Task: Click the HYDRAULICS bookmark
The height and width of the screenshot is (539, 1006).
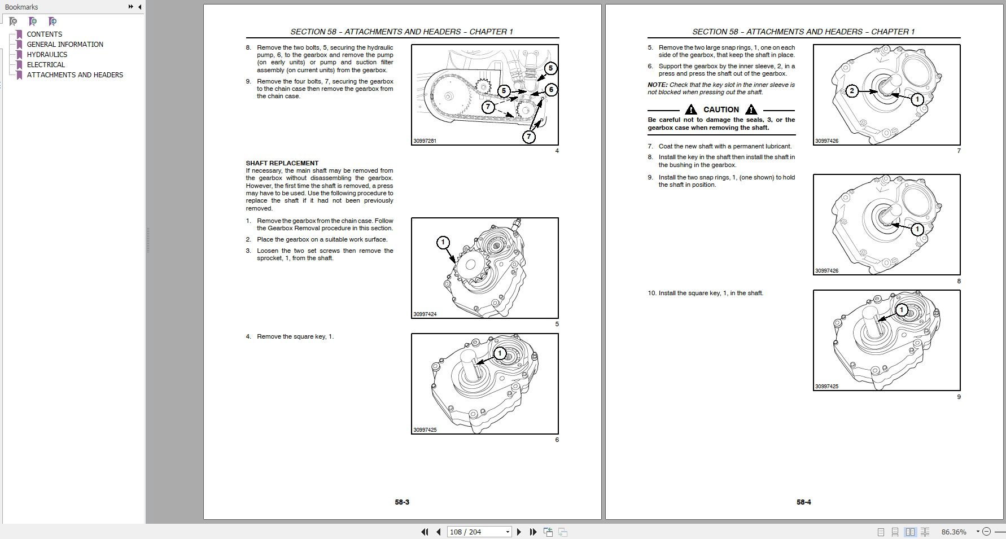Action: pyautogui.click(x=47, y=55)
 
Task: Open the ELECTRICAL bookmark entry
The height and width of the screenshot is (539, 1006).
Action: pyautogui.click(x=46, y=65)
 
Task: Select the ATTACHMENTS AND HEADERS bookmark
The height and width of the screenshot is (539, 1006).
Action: pyautogui.click(x=75, y=75)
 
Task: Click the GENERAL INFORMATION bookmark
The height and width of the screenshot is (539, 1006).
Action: pyautogui.click(x=65, y=45)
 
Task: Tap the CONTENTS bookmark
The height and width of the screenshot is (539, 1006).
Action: pyautogui.click(x=44, y=34)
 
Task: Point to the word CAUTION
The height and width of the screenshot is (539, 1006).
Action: pyautogui.click(x=721, y=109)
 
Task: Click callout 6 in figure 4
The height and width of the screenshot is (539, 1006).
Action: pyautogui.click(x=550, y=89)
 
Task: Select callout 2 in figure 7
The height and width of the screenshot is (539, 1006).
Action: pyautogui.click(x=852, y=91)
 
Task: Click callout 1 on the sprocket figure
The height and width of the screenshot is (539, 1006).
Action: pyautogui.click(x=443, y=243)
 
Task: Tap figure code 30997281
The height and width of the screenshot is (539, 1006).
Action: pyautogui.click(x=425, y=141)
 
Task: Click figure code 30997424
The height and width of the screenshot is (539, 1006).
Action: pyautogui.click(x=425, y=314)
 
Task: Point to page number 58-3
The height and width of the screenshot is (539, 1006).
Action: pyautogui.click(x=402, y=502)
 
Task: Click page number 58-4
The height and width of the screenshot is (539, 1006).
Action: pyautogui.click(x=804, y=502)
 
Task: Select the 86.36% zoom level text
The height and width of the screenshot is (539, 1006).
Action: pyautogui.click(x=953, y=532)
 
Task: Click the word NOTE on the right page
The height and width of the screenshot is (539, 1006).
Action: pyautogui.click(x=657, y=85)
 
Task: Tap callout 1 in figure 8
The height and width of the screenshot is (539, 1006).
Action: pyautogui.click(x=917, y=229)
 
